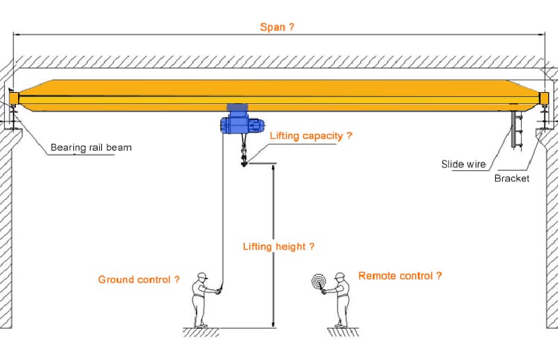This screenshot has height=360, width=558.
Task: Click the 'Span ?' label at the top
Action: pyautogui.click(x=277, y=27)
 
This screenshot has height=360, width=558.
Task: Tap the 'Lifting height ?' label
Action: pyautogui.click(x=278, y=246)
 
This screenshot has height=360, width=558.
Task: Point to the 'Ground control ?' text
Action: pyautogui.click(x=139, y=280)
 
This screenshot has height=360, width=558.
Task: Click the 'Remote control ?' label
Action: pyautogui.click(x=400, y=276)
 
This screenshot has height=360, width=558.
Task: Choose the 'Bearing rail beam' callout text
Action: pyautogui.click(x=91, y=148)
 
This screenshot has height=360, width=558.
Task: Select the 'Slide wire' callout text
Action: pyautogui.click(x=463, y=165)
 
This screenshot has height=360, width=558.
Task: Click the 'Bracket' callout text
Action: pyautogui.click(x=511, y=179)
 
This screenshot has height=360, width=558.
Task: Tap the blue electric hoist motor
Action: pyautogui.click(x=240, y=123)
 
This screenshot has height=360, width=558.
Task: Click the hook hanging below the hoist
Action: pyautogui.click(x=244, y=160)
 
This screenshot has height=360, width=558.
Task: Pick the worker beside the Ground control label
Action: pyautogui.click(x=201, y=300)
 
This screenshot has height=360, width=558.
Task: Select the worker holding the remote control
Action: pyautogui.click(x=340, y=300)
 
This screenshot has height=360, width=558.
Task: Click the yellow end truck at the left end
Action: pyautogui.click(x=15, y=99)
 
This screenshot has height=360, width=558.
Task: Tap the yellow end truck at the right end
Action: pyautogui.click(x=544, y=99)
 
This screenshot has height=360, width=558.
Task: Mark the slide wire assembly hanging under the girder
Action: pyautogui.click(x=515, y=129)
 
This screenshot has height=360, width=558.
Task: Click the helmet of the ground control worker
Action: pyautogui.click(x=202, y=276)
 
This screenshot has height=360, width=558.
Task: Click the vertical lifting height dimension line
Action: pyautogui.click(x=273, y=244)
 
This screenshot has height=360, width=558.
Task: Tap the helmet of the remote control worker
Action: pyautogui.click(x=340, y=276)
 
